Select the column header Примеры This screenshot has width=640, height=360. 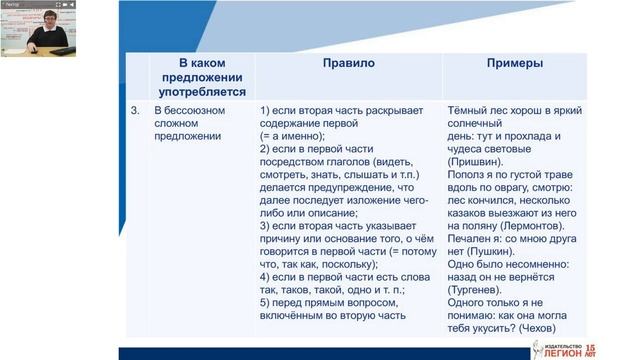tap(515, 62)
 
